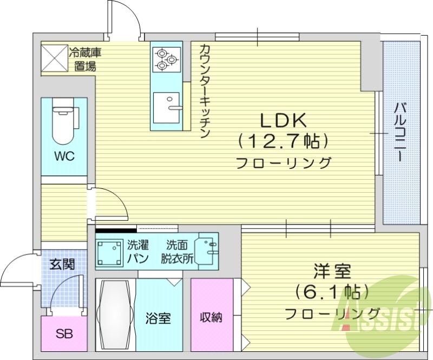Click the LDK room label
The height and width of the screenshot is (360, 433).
coord(284,120)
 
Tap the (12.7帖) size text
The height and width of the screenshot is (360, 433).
coord(284,142)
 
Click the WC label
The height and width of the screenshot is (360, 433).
coord(64,156)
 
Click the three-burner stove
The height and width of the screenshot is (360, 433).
coord(167,59)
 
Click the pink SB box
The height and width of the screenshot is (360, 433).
coord(64,333)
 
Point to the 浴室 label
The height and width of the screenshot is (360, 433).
coord(159,318)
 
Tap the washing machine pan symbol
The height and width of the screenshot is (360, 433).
coord(110,251)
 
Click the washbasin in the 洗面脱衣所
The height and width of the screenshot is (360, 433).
coord(207,250)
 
